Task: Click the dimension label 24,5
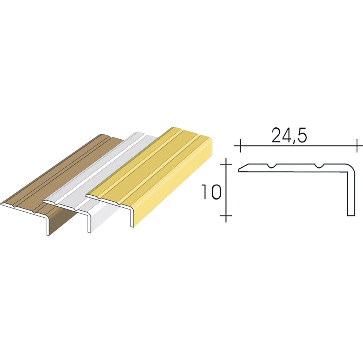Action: (289, 135)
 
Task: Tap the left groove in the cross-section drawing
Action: (272, 166)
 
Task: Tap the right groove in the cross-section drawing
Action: (319, 166)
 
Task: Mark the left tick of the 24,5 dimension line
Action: (240, 146)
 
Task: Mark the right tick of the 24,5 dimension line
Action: (357, 146)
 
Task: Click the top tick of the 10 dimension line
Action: (226, 164)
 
